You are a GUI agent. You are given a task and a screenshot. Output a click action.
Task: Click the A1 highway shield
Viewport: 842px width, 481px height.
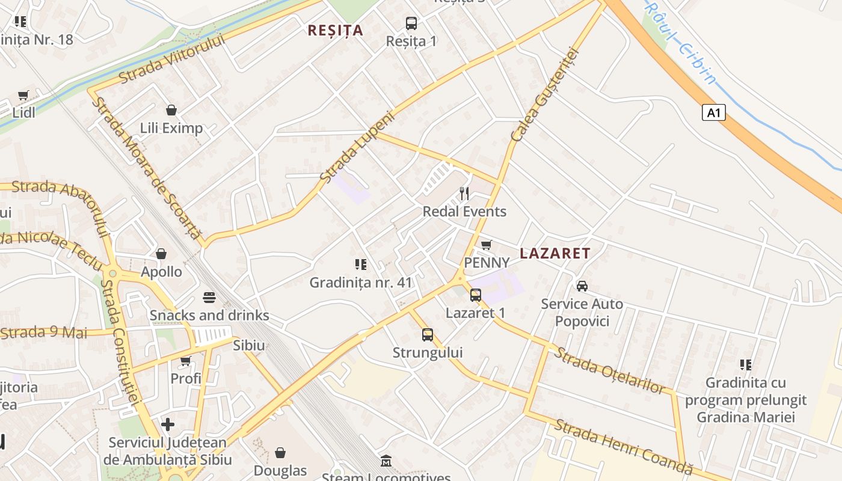coord(713,112)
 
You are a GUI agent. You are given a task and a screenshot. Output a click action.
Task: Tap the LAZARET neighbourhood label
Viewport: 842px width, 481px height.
coord(555,253)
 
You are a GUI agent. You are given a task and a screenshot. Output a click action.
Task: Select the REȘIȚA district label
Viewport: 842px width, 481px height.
coord(336,30)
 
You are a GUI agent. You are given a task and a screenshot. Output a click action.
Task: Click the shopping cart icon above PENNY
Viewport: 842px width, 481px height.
coord(486,245)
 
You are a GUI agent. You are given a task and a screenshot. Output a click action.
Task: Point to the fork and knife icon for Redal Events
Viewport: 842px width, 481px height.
coord(464,193)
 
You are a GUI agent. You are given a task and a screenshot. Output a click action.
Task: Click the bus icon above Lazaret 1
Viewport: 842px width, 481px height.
coord(475,295)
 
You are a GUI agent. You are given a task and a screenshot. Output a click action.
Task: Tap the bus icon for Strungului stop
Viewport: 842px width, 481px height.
coord(427,334)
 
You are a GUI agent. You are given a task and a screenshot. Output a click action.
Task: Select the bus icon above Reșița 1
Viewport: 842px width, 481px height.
coord(411,23)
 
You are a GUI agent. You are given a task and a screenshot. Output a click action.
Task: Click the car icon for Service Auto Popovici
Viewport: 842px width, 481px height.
coord(582,286)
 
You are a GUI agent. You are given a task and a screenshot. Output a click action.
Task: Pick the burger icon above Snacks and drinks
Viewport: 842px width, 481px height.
coord(209,297)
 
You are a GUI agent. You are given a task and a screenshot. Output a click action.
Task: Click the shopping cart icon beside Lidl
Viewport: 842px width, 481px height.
coord(23,95)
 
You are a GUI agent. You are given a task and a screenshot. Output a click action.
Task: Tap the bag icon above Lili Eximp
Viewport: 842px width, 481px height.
coord(171,110)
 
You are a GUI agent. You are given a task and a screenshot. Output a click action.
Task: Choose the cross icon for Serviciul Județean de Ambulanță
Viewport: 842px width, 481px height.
coord(168,425)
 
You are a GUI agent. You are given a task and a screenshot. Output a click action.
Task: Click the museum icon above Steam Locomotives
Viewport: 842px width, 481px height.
coord(386,461)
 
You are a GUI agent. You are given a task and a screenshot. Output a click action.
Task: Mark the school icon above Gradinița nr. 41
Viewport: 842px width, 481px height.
coord(360,264)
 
